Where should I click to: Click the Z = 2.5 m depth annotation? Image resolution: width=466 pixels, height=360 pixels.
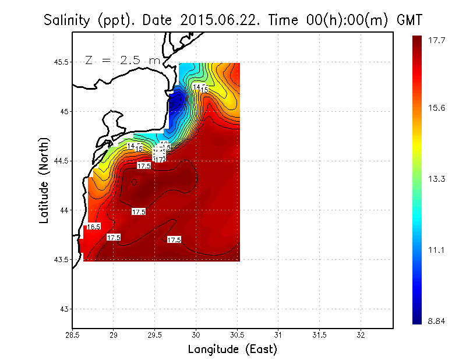(122, 59)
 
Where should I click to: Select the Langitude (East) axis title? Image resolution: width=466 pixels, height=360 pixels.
(232, 350)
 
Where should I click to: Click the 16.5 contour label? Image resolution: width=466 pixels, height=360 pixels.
(94, 227)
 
